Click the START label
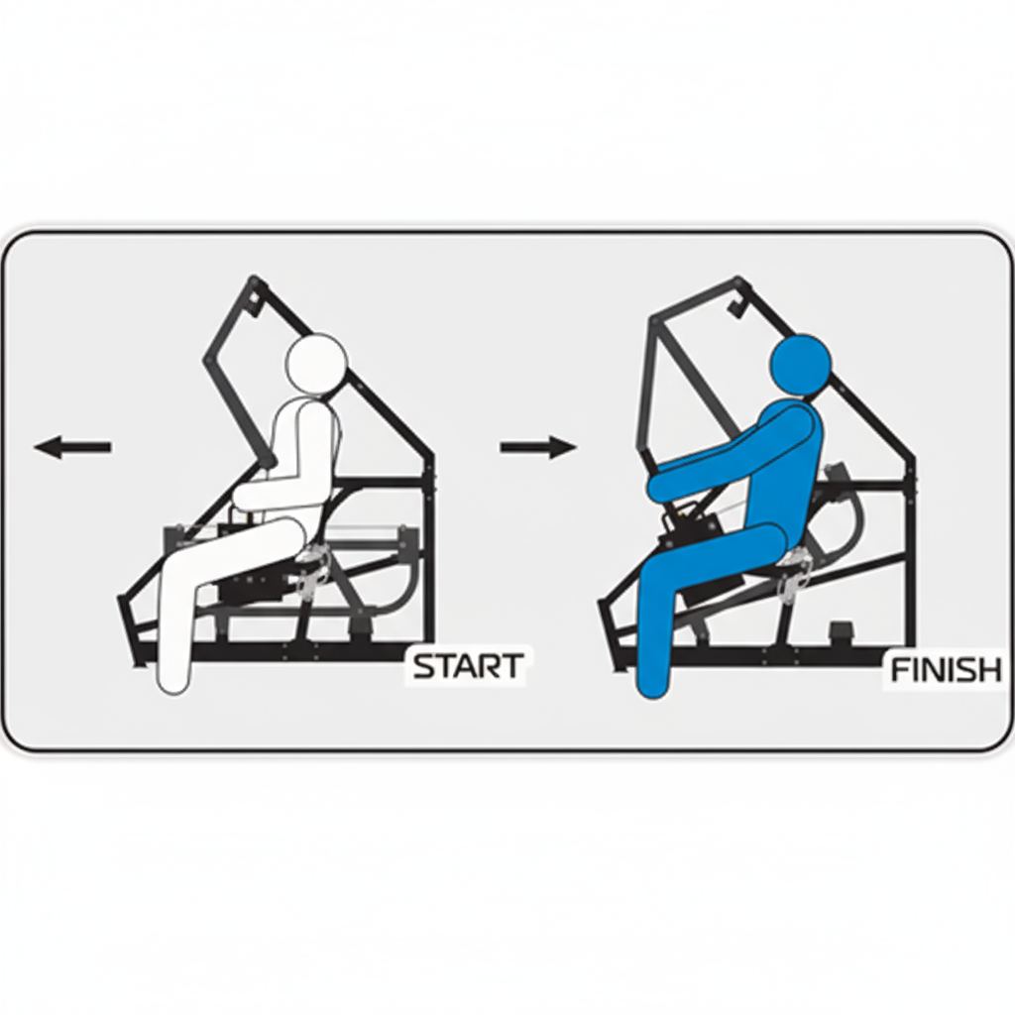[468, 666]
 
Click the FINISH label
[947, 671]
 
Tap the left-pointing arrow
[72, 447]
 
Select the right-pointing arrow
[538, 447]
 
